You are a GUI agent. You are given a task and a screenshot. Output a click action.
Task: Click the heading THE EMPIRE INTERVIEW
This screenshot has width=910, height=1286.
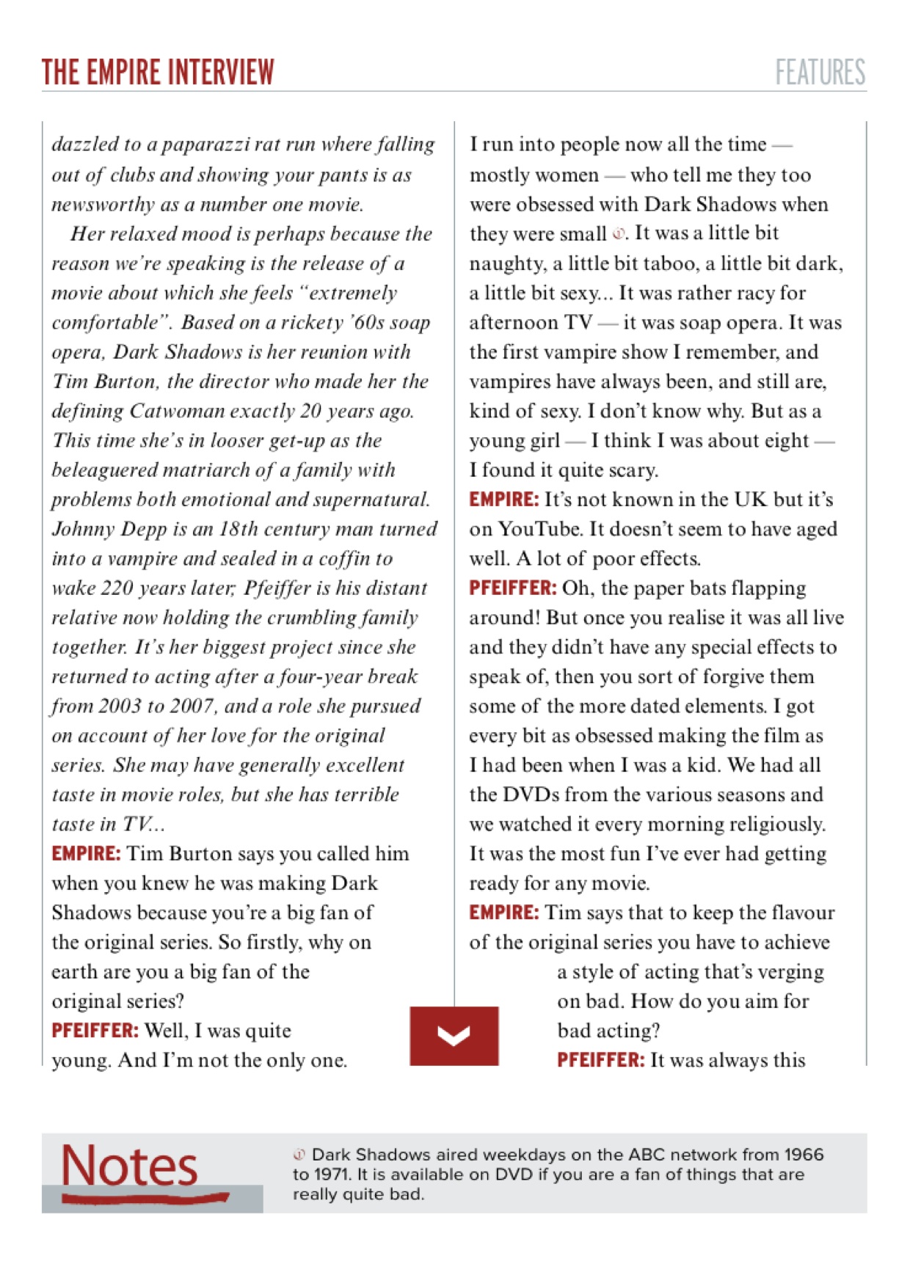tap(158, 73)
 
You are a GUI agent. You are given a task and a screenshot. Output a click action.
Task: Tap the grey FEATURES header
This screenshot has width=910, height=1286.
tap(820, 73)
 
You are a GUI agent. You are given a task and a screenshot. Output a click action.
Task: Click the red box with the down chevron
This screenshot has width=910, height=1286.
tap(454, 1036)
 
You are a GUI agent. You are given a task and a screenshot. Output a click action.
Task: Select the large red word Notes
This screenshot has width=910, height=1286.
tap(129, 1166)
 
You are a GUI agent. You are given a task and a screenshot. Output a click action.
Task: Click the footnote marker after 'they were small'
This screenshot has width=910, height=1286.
tap(619, 234)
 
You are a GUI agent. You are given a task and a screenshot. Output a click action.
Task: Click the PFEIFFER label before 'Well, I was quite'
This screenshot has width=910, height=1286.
tap(95, 1031)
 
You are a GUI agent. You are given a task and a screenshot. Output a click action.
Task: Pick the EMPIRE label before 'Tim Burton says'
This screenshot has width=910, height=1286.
tap(86, 854)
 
